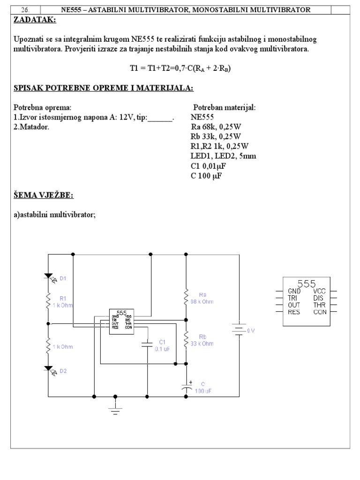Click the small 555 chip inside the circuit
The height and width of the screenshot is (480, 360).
(x=121, y=322)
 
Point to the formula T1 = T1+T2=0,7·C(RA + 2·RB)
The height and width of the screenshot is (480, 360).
(x=180, y=68)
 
